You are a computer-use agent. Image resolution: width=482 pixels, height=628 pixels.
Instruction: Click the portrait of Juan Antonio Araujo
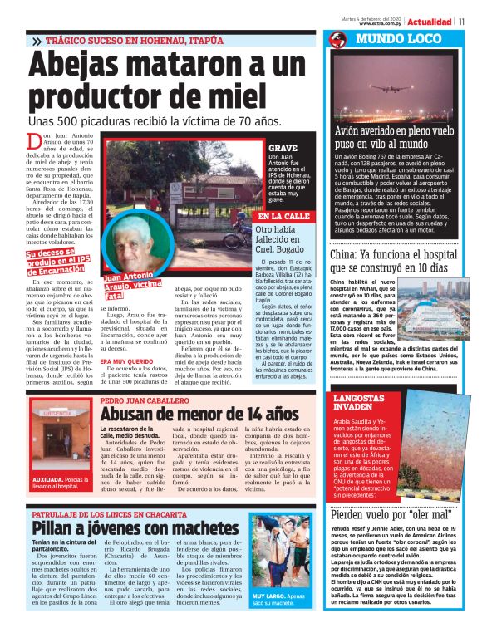pyautogui.click(x=135, y=250)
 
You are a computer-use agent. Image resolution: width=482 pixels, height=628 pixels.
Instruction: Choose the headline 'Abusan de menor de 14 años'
pyautogui.click(x=199, y=413)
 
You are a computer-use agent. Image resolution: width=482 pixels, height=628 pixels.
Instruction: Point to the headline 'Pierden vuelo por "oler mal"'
pyautogui.click(x=389, y=515)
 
